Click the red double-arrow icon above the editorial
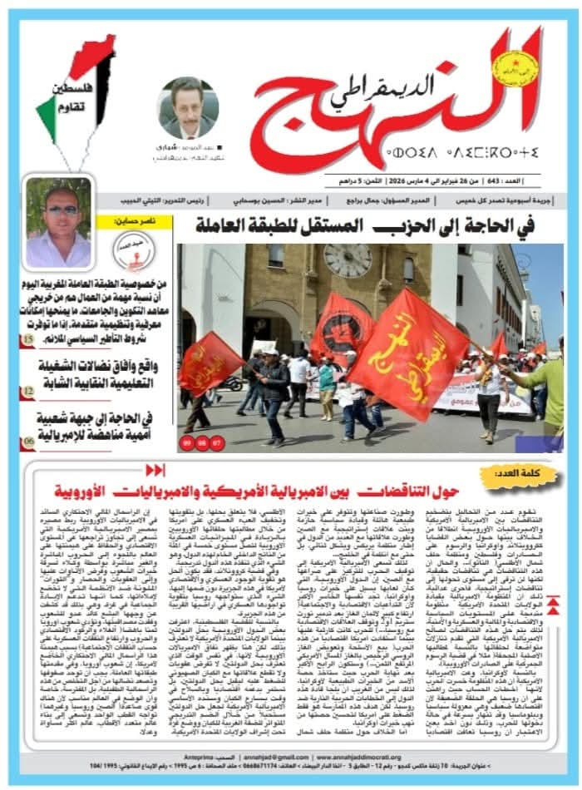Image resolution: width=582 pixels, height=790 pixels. tap(155, 470)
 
